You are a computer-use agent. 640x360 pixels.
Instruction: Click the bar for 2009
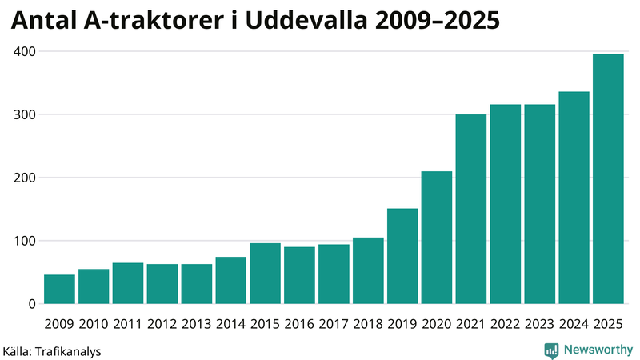(x=59, y=289)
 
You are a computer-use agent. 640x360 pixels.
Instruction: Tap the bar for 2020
(x=437, y=238)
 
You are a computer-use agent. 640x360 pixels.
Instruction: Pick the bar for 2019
(x=402, y=256)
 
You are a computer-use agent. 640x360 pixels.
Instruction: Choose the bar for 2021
(x=471, y=209)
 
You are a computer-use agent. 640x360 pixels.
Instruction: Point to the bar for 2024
(x=574, y=198)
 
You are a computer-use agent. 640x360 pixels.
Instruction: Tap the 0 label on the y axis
(x=31, y=304)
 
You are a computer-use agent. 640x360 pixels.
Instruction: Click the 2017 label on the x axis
(x=334, y=324)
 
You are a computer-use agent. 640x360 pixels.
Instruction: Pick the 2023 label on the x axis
(x=539, y=324)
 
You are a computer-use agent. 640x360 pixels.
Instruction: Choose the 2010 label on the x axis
(x=94, y=324)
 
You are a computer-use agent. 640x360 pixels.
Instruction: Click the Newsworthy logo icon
(x=551, y=350)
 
